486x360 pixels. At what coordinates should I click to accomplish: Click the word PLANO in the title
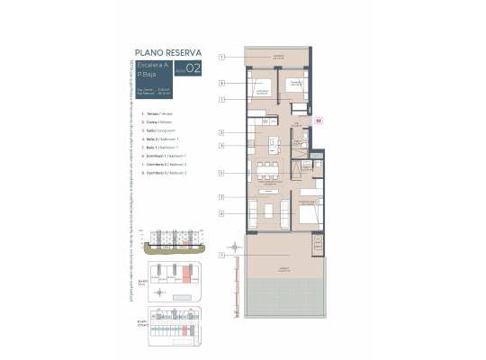click(146, 53)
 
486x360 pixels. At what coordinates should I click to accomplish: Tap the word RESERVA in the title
click(183, 53)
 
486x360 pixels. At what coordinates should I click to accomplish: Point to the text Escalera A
click(150, 67)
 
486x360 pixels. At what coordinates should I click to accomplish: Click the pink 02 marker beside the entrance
click(318, 119)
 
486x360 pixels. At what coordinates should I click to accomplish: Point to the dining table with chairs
click(267, 168)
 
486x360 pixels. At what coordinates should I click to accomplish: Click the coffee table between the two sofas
click(267, 213)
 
